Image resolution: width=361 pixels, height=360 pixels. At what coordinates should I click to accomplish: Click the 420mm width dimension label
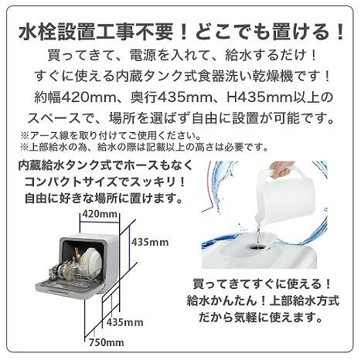click(100, 214)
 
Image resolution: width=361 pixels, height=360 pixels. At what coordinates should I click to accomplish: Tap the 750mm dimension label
click(107, 342)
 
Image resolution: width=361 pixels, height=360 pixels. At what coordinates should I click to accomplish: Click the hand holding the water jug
click(281, 169)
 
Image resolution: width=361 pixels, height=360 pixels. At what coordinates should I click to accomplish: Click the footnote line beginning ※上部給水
click(145, 147)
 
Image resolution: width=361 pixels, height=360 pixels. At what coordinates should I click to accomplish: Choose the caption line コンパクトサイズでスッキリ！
click(105, 182)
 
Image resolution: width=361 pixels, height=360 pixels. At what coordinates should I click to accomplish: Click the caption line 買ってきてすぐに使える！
click(262, 284)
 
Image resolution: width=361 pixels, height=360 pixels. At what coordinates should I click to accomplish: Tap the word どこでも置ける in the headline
click(264, 32)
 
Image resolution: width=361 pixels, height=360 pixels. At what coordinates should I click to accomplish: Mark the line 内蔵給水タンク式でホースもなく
click(105, 166)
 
